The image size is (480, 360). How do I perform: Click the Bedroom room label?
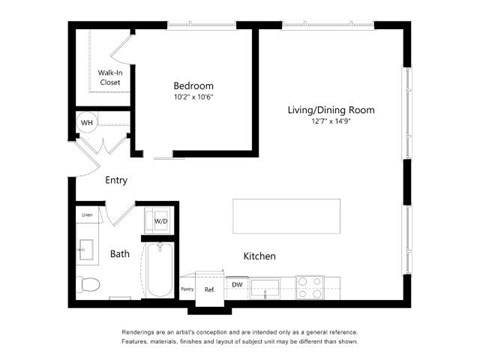(x=193, y=86)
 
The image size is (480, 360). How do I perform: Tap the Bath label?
(x=120, y=254)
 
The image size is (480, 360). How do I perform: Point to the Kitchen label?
(x=260, y=257)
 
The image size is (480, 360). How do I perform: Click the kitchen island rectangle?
(x=286, y=215)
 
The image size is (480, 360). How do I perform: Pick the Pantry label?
(x=187, y=289)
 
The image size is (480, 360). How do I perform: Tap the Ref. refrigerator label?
(x=210, y=289)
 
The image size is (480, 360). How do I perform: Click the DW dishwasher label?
(x=237, y=285)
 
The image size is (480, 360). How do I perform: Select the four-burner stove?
(x=310, y=288)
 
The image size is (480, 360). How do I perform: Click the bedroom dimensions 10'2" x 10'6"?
(x=193, y=98)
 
